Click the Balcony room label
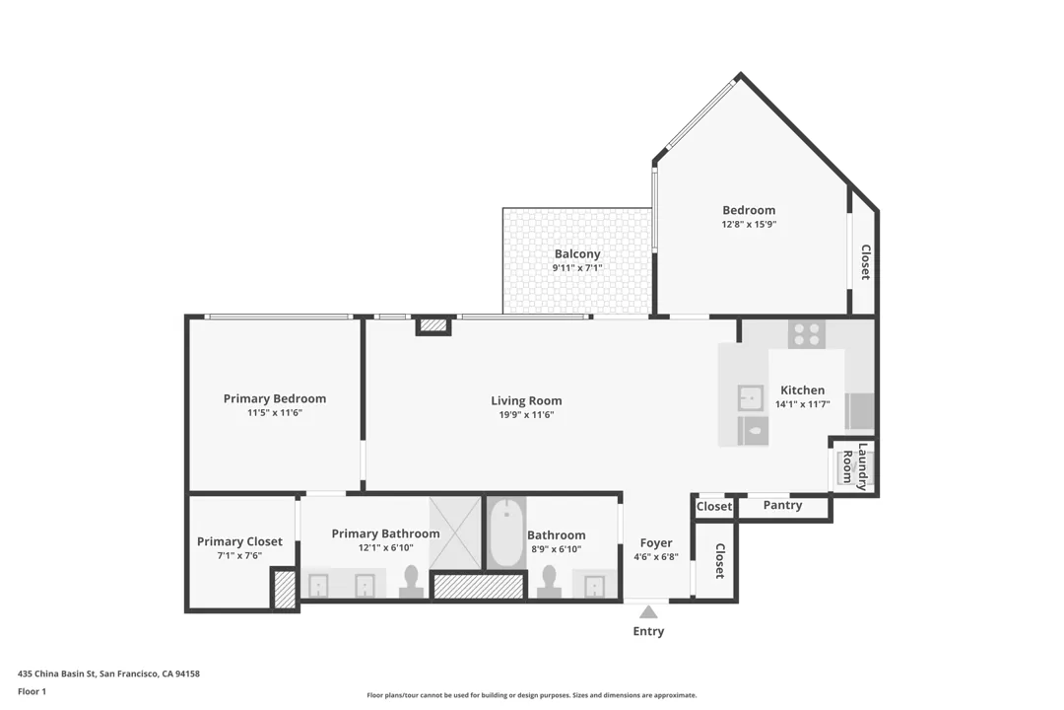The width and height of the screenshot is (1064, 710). [576, 254]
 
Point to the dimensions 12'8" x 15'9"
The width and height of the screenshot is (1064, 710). [749, 225]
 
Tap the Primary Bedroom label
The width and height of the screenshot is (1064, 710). [274, 398]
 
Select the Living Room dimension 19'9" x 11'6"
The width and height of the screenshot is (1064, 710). [526, 415]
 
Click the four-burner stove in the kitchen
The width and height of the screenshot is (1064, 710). [807, 334]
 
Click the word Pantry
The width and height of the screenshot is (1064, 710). [782, 505]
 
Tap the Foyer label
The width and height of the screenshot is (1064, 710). [656, 542]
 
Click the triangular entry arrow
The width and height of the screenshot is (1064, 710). [648, 612]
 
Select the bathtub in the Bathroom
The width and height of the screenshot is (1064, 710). [506, 533]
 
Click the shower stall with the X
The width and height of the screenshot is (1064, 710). [454, 533]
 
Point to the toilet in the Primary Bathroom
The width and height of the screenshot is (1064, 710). [411, 582]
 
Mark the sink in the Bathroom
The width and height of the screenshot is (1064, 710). [594, 586]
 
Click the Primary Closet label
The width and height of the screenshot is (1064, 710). [239, 541]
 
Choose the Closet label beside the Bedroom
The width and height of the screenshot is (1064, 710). [865, 262]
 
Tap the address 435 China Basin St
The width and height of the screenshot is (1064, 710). [108, 674]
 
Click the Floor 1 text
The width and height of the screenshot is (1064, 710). [32, 691]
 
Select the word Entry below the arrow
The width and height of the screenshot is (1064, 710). [648, 631]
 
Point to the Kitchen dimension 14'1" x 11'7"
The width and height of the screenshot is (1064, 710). [802, 404]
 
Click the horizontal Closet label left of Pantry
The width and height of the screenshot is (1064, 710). [713, 507]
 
